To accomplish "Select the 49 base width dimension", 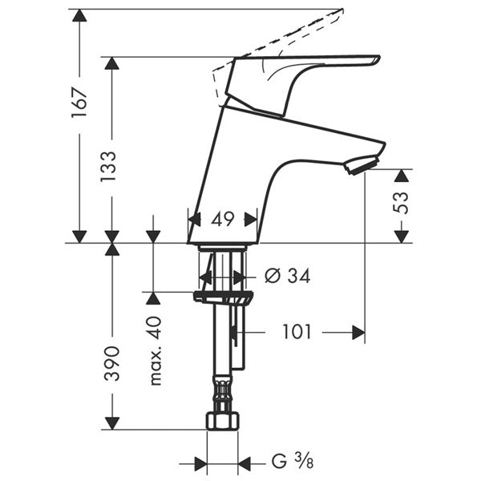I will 223,218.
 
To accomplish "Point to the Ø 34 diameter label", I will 286,277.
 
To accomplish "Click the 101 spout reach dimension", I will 297,331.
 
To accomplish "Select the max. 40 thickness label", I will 155,350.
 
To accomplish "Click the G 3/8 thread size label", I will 289,463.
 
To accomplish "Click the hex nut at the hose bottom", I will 223,421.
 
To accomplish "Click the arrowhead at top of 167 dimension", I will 79,16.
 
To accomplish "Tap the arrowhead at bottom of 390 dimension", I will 111,422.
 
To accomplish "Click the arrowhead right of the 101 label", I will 358,331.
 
